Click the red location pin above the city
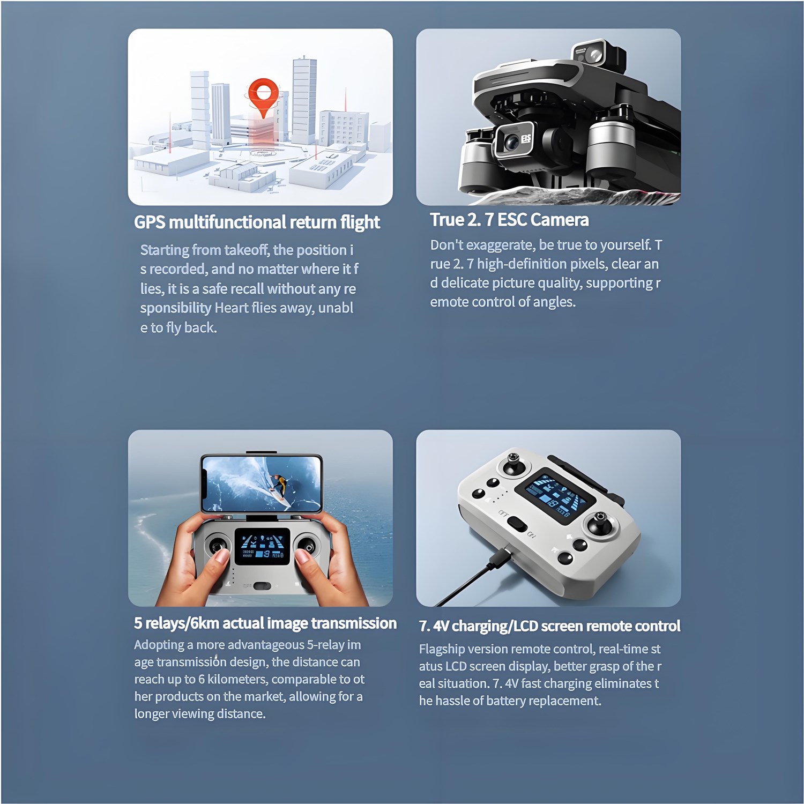[x=263, y=96]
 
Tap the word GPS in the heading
[x=150, y=222]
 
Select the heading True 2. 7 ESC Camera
[x=509, y=220]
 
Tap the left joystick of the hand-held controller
[x=217, y=546]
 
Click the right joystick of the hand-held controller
[x=306, y=546]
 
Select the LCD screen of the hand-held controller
[x=262, y=546]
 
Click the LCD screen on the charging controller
[x=555, y=497]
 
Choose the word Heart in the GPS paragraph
[x=231, y=308]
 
